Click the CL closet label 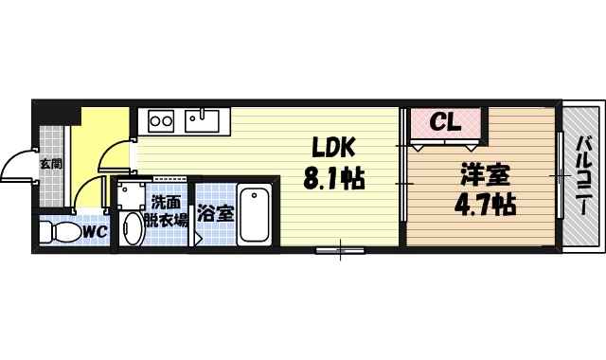[x=444, y=122]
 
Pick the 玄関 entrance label [x=50, y=162]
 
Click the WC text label [x=93, y=230]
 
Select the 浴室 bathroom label [x=215, y=212]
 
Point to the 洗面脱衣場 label [x=169, y=209]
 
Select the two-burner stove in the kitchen [x=160, y=121]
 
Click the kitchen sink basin [x=202, y=120]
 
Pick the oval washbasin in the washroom [x=130, y=227]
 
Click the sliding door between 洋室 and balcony [x=559, y=174]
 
